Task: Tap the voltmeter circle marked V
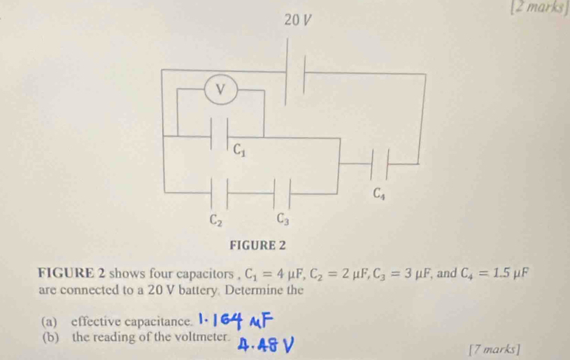221,89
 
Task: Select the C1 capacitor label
239,149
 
